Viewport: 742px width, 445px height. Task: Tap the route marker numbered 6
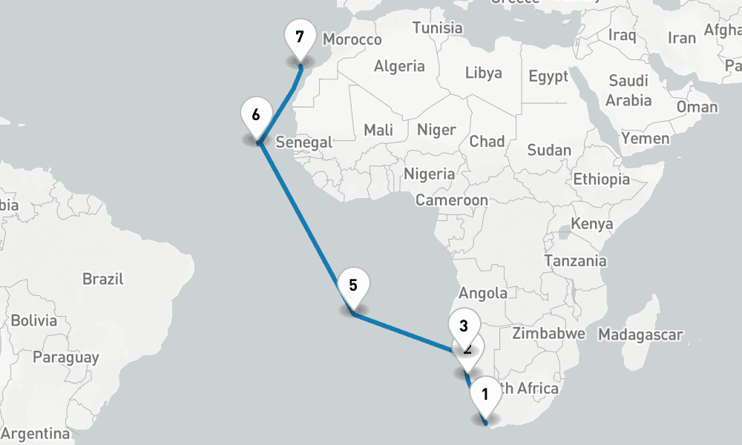pos(256,116)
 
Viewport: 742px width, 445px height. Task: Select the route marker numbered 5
pos(352,286)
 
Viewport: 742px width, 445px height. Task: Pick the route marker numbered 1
pos(485,395)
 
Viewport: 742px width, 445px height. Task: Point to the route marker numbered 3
pos(464,326)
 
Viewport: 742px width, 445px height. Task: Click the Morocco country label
pos(352,40)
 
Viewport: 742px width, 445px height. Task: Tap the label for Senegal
pos(303,142)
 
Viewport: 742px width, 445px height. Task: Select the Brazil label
pos(103,280)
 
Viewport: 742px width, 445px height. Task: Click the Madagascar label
pos(640,334)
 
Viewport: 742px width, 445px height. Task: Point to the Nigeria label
pos(429,174)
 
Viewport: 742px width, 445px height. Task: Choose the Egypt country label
pos(548,76)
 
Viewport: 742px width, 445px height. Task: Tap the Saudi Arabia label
pos(629,90)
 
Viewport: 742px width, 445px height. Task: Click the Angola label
pos(483,293)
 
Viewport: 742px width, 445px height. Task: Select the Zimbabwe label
pos(548,334)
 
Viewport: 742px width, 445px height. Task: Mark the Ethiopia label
pos(601,179)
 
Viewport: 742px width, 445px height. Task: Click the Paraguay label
pos(65,357)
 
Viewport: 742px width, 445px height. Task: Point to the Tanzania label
pos(575,261)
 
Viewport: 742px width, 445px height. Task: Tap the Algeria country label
pos(399,67)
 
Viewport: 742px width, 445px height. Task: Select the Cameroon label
pos(451,200)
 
